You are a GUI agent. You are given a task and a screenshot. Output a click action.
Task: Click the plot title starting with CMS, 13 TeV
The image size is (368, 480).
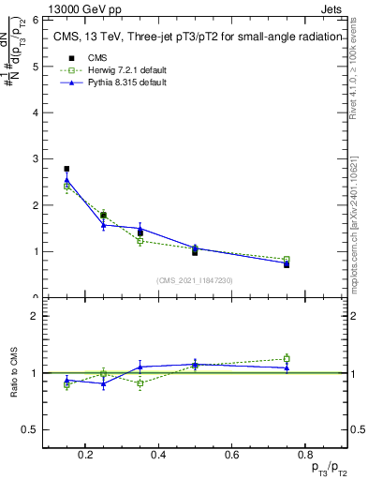193,38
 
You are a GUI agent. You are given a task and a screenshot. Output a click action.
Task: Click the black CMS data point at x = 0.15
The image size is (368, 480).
66,169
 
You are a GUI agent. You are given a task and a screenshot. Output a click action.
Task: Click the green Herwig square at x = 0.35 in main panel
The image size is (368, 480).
140,241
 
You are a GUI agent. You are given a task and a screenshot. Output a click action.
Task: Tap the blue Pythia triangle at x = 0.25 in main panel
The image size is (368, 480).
103,225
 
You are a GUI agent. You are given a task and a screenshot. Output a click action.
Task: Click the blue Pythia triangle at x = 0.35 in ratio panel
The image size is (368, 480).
140,367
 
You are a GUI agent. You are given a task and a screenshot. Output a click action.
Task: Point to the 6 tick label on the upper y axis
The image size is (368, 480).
34,20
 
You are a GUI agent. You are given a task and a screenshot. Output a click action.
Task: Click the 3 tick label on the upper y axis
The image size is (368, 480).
34,158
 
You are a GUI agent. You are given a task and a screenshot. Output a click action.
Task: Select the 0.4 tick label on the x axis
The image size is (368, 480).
158,456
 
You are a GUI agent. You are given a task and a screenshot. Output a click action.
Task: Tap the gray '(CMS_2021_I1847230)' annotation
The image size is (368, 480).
195,280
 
